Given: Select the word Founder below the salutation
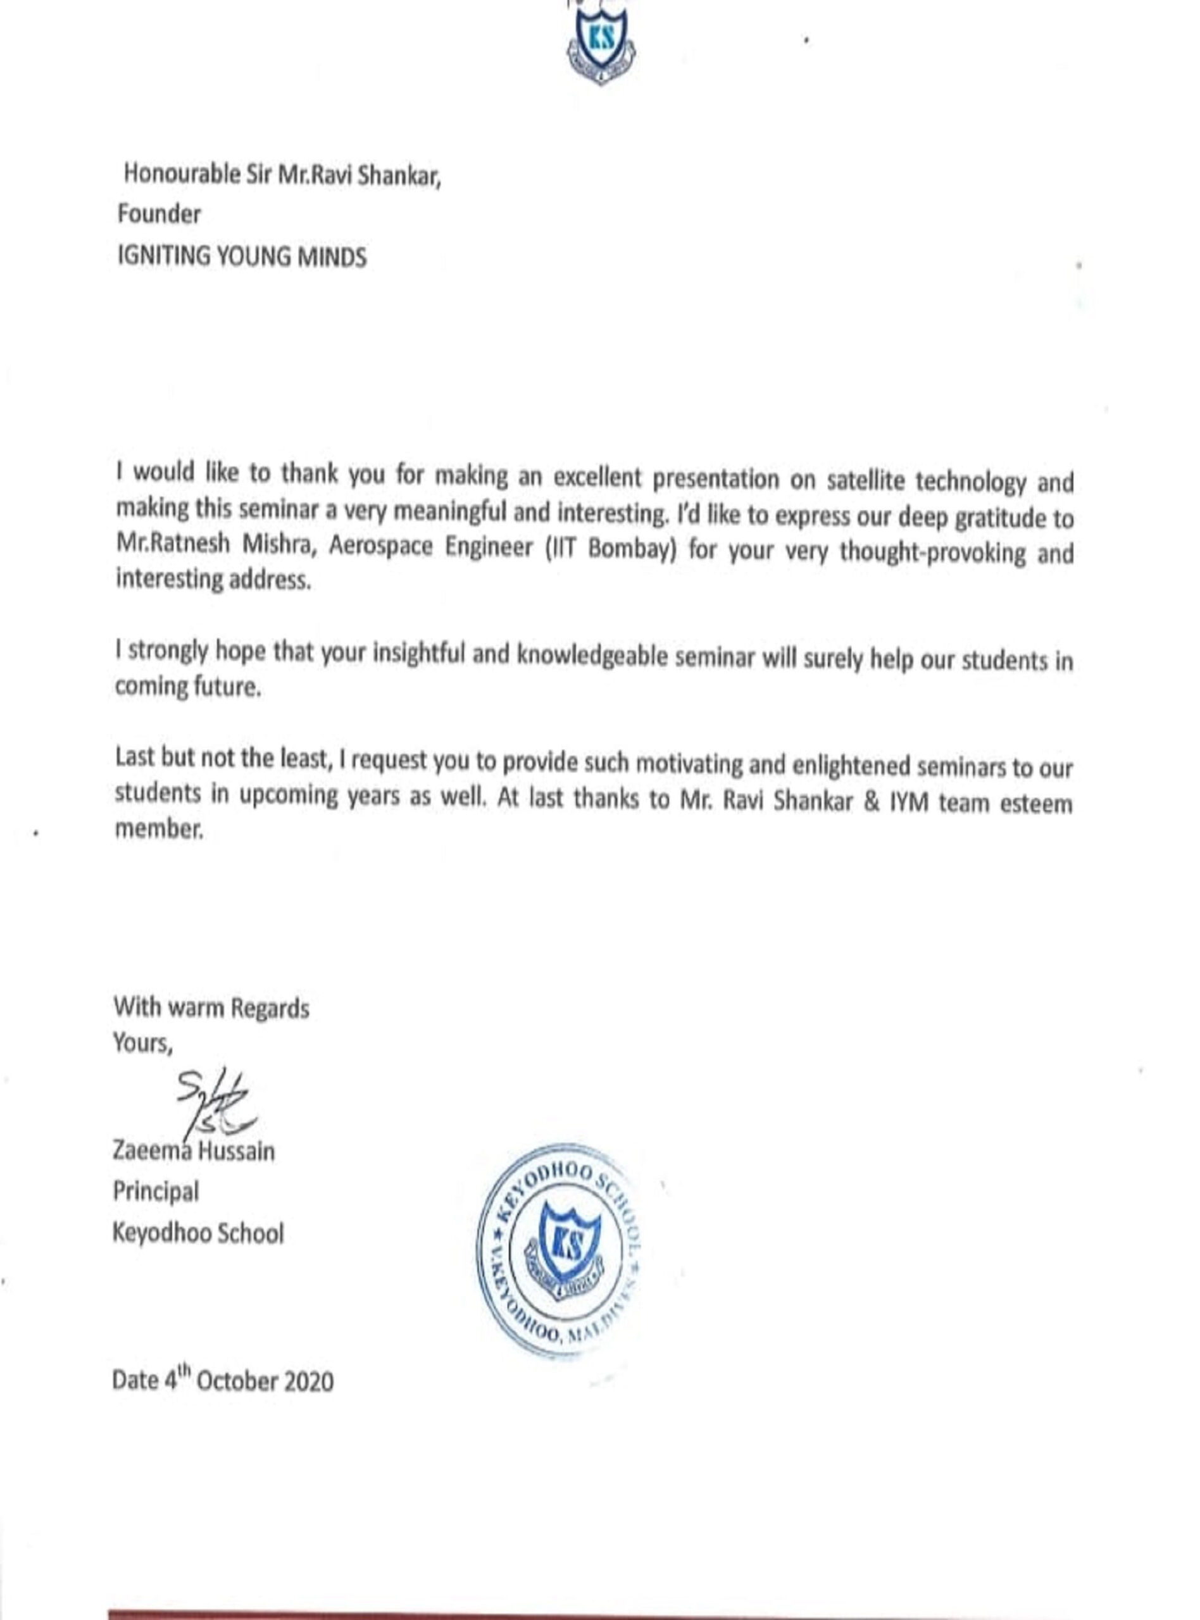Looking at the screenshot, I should (159, 215).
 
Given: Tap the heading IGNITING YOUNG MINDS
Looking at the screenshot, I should (242, 257).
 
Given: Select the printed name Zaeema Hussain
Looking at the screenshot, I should (194, 1152).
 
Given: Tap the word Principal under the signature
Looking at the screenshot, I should (156, 1192).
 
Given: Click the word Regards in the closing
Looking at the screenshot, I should (270, 1009).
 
